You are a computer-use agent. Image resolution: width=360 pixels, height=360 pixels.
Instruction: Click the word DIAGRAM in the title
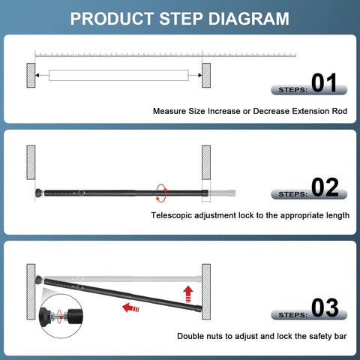(x=242, y=18)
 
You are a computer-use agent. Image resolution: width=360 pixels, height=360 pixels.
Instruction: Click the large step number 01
(x=325, y=83)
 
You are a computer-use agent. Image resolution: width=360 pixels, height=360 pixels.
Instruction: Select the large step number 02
(x=325, y=187)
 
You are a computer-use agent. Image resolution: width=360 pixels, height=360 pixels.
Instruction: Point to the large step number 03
(x=325, y=307)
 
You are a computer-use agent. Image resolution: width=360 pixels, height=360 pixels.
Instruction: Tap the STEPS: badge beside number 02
(x=287, y=193)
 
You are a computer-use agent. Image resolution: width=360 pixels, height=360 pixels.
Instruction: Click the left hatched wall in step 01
(x=31, y=75)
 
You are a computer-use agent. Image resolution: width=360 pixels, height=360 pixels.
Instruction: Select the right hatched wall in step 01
(x=205, y=75)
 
